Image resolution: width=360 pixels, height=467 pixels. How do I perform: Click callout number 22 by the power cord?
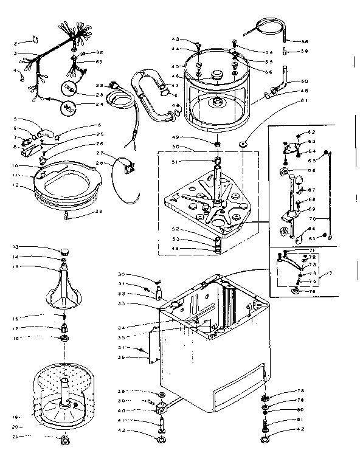pyautogui.click(x=99, y=85)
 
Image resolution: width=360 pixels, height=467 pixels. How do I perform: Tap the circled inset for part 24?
pyautogui.click(x=69, y=109)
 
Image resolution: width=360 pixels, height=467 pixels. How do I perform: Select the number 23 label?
pyautogui.click(x=99, y=94)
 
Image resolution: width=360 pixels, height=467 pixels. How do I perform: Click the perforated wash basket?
pyautogui.click(x=63, y=395)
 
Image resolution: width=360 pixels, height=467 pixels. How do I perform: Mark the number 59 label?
pyautogui.click(x=305, y=51)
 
